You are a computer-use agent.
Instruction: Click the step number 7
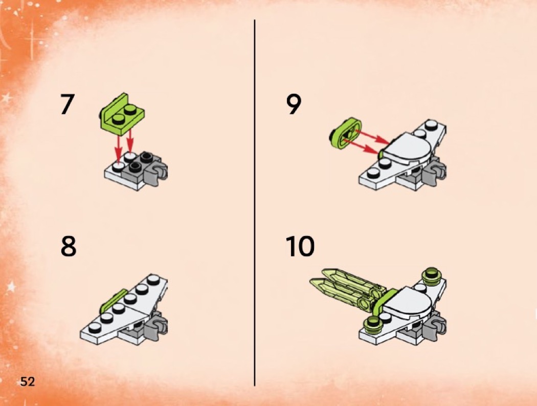tap(68, 104)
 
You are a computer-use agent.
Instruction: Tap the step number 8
tap(69, 246)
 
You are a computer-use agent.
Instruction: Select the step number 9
tap(294, 104)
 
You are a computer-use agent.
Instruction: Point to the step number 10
tap(300, 246)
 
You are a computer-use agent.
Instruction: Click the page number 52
tap(28, 381)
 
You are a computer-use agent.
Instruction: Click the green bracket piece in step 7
tap(122, 114)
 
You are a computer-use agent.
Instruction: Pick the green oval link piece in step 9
tap(345, 134)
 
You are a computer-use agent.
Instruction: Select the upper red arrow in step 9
tap(373, 136)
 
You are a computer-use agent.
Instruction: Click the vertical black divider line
tap(255, 202)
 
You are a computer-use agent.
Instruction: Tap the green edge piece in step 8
tap(113, 301)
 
